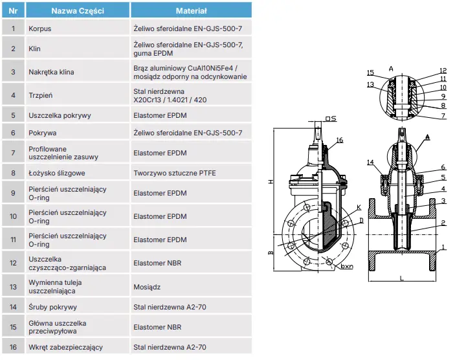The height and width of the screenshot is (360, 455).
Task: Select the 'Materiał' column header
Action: point(191,11)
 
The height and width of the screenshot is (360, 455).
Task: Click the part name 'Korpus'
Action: point(40,28)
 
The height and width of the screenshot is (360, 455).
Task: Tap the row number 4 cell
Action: point(13,96)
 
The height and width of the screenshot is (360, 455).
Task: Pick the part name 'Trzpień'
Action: point(41,96)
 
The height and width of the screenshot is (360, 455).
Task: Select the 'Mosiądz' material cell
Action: point(148,286)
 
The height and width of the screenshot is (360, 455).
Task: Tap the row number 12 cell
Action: point(13,263)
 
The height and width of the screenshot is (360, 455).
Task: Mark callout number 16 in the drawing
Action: point(340,141)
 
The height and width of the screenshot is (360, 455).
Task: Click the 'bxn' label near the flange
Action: point(346,267)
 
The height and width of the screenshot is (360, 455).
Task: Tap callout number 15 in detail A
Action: point(370,73)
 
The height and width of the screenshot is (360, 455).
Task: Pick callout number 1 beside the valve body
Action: point(443,247)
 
